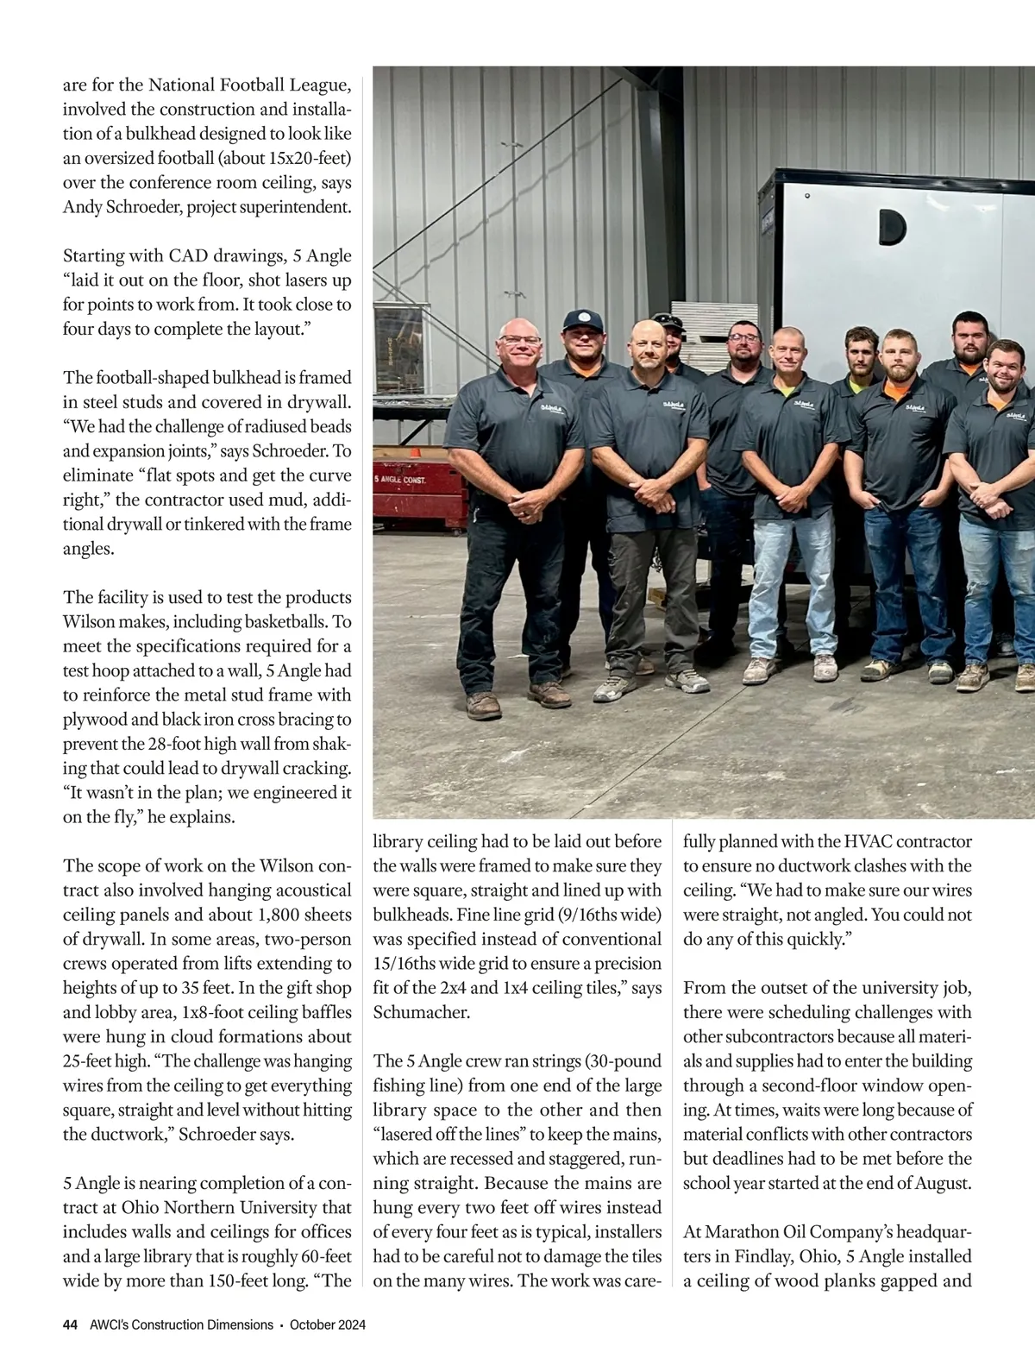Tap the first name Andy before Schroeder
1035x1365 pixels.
pos(81,207)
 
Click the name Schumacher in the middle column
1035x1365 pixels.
pos(422,1012)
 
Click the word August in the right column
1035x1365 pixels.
pos(940,1183)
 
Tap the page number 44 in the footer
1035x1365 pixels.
pos(71,1325)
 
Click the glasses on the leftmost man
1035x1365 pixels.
pos(519,341)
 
